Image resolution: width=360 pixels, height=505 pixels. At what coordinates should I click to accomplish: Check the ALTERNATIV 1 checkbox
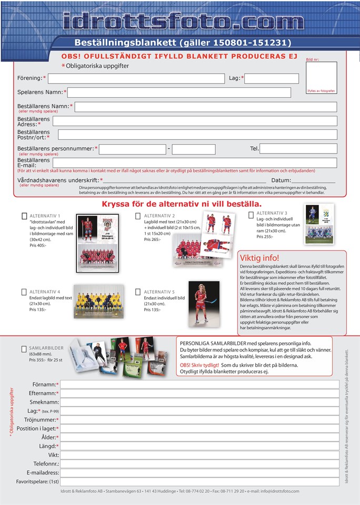click(x=25, y=216)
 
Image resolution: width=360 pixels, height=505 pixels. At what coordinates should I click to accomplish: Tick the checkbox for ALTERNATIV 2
click(x=138, y=216)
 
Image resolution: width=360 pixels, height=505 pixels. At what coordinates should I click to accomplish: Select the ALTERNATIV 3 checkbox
click(x=252, y=214)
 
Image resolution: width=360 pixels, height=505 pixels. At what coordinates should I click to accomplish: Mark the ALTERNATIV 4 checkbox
click(x=24, y=292)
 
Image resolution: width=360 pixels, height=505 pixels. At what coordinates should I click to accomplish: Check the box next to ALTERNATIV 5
click(x=138, y=292)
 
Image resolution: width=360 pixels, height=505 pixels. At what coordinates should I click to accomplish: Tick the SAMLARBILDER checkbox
click(x=24, y=349)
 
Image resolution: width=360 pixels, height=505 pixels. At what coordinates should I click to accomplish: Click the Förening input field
click(x=136, y=78)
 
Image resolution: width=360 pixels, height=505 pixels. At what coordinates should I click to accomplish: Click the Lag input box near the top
click(x=271, y=78)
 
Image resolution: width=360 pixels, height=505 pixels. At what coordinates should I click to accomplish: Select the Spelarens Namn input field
click(x=179, y=93)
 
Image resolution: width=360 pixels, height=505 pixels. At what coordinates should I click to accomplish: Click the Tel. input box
click(x=298, y=149)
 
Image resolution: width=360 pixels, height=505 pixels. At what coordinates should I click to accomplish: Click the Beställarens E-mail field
click(x=194, y=163)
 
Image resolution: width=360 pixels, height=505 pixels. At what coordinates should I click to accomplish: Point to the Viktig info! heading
click(x=259, y=258)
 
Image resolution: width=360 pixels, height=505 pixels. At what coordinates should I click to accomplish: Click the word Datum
click(x=282, y=180)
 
